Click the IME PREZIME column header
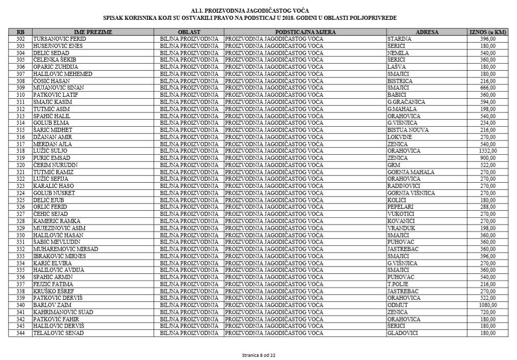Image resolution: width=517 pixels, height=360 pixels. pyautogui.click(x=93, y=32)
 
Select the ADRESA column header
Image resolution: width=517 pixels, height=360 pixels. pyautogui.click(x=426, y=32)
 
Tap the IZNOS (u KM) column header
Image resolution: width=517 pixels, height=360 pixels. pyautogui.click(x=487, y=32)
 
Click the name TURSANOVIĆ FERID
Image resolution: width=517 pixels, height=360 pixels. pyautogui.click(x=60, y=39)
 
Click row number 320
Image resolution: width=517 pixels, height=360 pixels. pyautogui.click(x=20, y=165)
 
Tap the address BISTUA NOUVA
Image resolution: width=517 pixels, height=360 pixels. pyautogui.click(x=408, y=130)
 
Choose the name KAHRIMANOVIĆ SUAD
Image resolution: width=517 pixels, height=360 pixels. pyautogui.click(x=63, y=312)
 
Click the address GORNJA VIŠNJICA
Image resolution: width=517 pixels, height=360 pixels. pyautogui.click(x=411, y=193)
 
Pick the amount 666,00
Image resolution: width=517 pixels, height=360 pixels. pyautogui.click(x=489, y=88)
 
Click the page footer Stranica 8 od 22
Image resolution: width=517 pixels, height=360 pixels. pyautogui.click(x=258, y=355)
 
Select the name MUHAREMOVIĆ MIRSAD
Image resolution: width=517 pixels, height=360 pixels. pyautogui.click(x=66, y=249)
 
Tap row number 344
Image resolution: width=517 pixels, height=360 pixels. pyautogui.click(x=20, y=333)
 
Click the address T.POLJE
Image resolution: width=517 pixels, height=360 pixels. pyautogui.click(x=398, y=284)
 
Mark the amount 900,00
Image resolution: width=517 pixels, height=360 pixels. pyautogui.click(x=489, y=158)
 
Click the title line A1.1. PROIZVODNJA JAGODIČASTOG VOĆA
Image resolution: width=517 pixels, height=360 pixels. pyautogui.click(x=250, y=11)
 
